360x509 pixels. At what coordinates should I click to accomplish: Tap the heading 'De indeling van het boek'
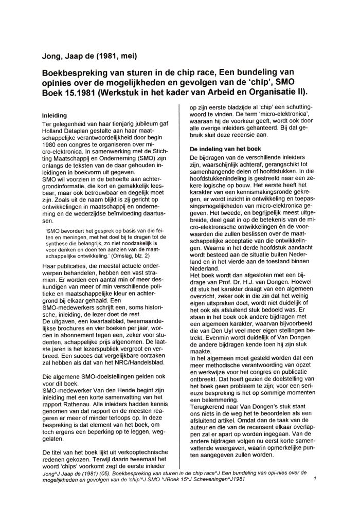point(224,149)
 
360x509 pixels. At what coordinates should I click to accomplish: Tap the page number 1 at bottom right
point(314,480)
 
